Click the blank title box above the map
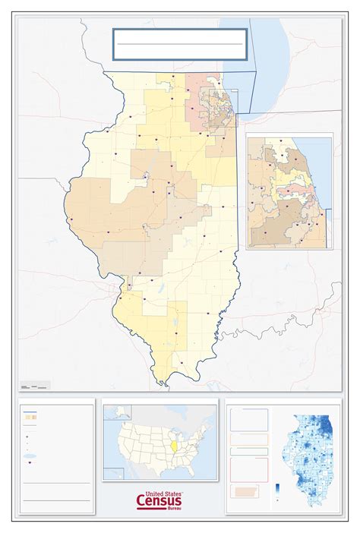(180, 44)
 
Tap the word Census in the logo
(159, 500)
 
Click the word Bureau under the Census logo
(174, 509)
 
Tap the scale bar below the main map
(35, 387)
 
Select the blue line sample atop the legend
(30, 415)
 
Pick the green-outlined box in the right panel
(249, 450)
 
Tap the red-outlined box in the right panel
(249, 468)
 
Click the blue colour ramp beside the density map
(277, 488)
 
